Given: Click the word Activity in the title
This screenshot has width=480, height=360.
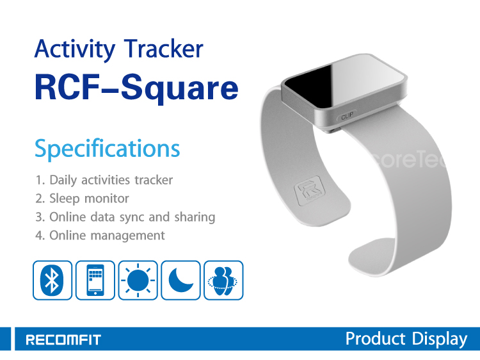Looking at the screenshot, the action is tap(75, 49).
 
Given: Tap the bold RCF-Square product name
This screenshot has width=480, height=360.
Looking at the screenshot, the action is tap(136, 88).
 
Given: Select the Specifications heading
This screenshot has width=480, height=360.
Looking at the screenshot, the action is tap(107, 149).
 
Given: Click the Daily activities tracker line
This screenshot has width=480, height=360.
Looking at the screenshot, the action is tap(104, 180).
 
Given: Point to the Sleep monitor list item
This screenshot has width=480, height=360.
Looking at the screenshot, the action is tap(82, 199).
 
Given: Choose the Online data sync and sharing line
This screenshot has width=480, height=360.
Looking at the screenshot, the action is tap(125, 217).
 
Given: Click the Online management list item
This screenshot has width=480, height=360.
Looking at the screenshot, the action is tap(100, 235).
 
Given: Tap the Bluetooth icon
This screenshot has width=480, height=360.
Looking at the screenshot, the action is tap(52, 280).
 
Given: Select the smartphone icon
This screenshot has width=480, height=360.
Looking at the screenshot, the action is tap(95, 280).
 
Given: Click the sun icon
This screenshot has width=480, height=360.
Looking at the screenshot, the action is tap(138, 280).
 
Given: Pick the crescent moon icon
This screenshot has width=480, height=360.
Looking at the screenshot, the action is tap(180, 280).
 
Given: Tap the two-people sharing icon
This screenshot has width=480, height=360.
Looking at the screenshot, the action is tap(223, 280).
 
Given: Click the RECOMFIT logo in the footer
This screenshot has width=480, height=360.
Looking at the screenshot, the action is tap(63, 340).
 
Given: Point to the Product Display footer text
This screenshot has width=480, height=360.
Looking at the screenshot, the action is tap(406, 339).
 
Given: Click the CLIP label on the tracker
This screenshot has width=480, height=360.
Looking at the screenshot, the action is tap(347, 116).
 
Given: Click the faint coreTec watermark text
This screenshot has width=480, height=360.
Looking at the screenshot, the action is tap(408, 160).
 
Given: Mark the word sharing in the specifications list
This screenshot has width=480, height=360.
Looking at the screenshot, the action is tap(195, 217).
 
